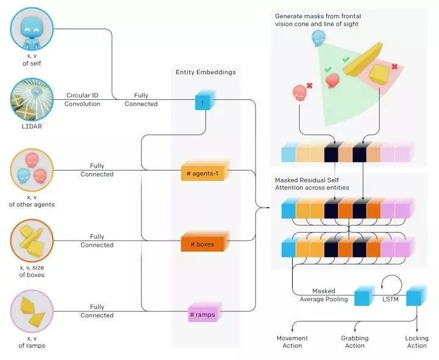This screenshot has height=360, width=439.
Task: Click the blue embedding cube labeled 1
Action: click(205, 100)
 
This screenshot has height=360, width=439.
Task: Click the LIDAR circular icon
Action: click(32, 100)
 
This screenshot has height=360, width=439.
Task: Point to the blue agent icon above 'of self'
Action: click(32, 29)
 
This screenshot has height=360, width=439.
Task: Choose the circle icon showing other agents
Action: click(32, 171)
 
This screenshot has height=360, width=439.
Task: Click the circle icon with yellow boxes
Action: click(32, 241)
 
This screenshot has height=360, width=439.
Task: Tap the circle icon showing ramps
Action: click(32, 311)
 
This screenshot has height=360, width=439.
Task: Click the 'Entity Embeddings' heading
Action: click(206, 72)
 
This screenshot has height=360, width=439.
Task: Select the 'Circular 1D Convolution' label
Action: click(82, 99)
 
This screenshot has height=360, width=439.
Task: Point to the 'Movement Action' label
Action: click(292, 342)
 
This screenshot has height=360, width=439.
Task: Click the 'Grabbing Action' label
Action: click(355, 342)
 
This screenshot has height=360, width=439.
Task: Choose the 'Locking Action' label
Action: click(416, 342)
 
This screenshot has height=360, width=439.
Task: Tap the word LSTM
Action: click(390, 299)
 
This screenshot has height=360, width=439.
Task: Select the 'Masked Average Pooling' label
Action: click(324, 295)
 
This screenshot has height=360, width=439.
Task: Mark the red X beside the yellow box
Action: click(394, 66)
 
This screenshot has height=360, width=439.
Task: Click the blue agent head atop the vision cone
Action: click(319, 38)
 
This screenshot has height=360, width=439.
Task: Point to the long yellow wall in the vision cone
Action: click(363, 59)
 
